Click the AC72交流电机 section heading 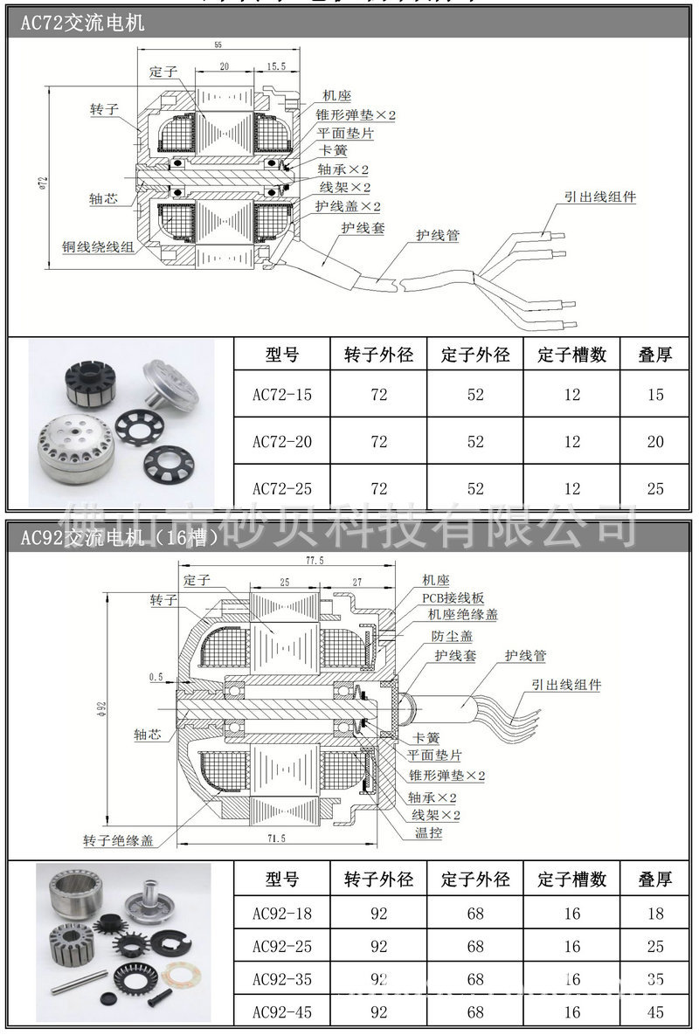(x=82, y=24)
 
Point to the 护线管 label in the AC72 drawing (x=438, y=235)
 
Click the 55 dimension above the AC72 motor (x=218, y=45)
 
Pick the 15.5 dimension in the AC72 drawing (x=276, y=66)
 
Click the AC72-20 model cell (x=281, y=441)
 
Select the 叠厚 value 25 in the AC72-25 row (x=655, y=488)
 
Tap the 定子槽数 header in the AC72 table (x=571, y=355)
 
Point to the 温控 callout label (x=428, y=832)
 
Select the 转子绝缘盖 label (x=118, y=840)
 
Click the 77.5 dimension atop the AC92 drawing (x=291, y=561)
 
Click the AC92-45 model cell (x=281, y=1012)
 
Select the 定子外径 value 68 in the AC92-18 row (x=475, y=914)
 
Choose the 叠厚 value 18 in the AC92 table (x=655, y=914)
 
